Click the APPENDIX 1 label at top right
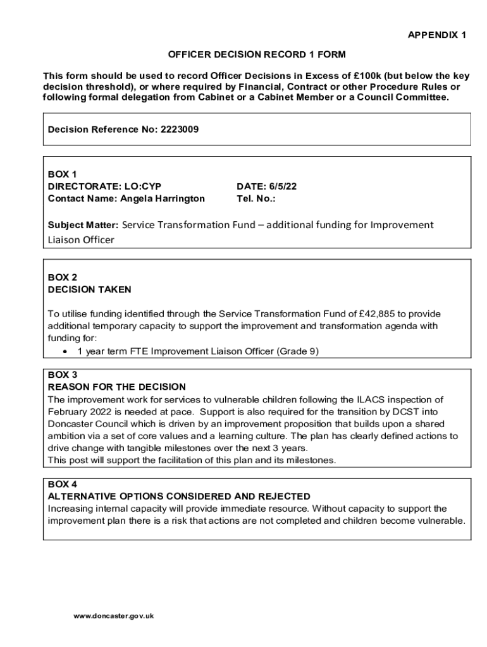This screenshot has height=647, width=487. point(436,35)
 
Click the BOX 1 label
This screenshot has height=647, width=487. point(62,174)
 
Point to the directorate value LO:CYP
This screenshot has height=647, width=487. point(142,186)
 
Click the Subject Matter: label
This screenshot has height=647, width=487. point(83,225)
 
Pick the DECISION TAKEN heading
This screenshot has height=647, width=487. point(89,289)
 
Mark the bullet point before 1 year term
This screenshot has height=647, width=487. point(66,351)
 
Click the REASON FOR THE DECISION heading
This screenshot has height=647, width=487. point(117,387)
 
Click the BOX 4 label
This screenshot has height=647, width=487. point(62,484)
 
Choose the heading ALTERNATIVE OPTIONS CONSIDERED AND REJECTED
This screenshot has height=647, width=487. point(179,497)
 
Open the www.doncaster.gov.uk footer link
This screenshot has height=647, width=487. point(114,616)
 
